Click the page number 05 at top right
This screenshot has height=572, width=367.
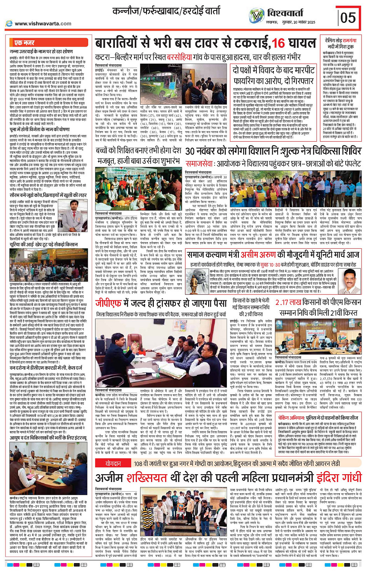click(348, 17)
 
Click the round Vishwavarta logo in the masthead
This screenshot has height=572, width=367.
click(256, 16)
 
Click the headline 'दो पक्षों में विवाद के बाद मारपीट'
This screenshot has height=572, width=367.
click(273, 70)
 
